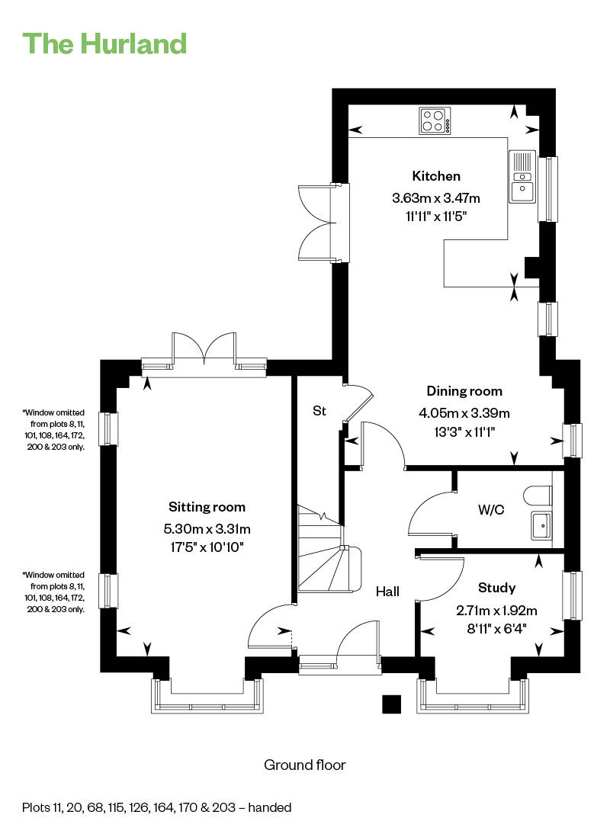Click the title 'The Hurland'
(x=104, y=43)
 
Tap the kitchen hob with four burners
(x=435, y=120)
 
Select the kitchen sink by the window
(x=522, y=177)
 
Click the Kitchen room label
(x=436, y=176)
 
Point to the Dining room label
(x=464, y=392)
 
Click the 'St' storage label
(x=319, y=411)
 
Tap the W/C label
(x=491, y=509)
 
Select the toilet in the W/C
(x=537, y=496)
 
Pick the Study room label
(x=496, y=588)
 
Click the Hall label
(x=387, y=592)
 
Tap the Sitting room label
(x=207, y=507)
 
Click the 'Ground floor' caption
(x=305, y=765)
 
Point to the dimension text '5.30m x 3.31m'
(x=207, y=529)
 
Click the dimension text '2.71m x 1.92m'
(x=496, y=611)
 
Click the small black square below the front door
(x=392, y=704)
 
